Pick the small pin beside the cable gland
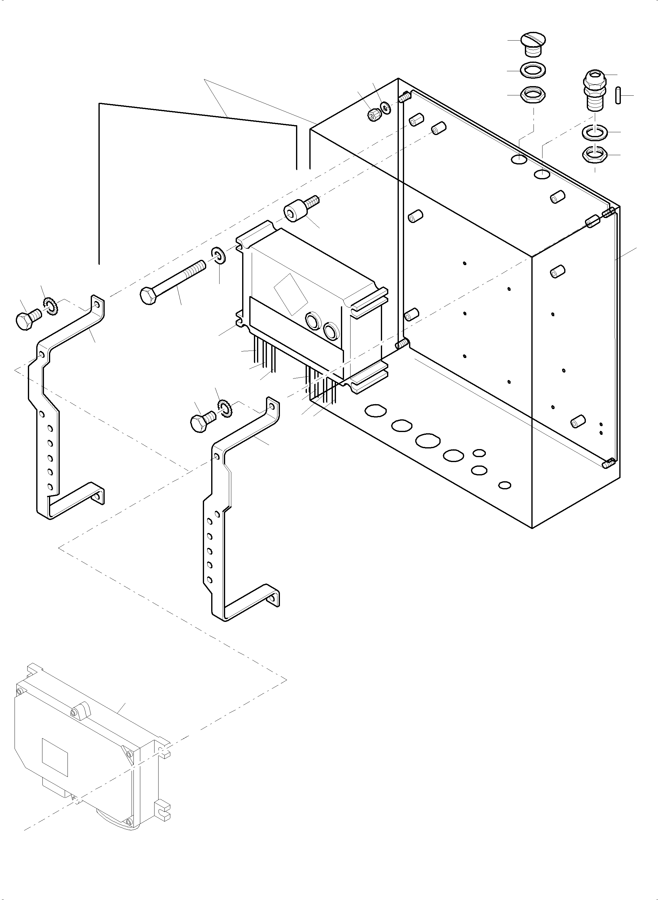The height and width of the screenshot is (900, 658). [618, 95]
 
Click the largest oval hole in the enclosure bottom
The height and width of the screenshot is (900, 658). [428, 441]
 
